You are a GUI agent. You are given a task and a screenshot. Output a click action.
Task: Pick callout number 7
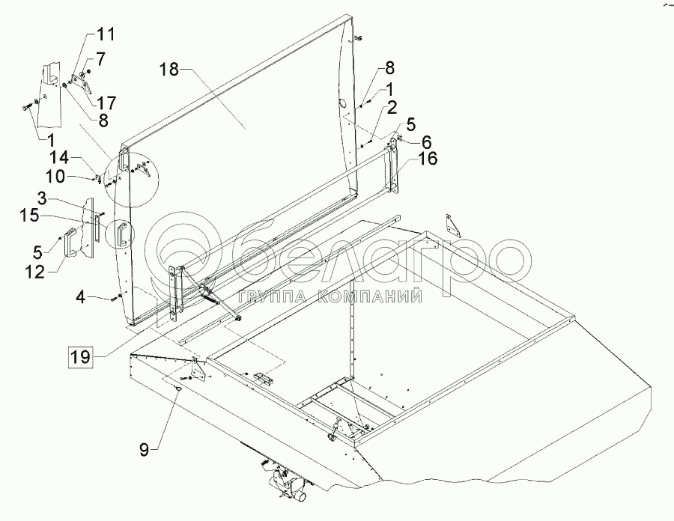click(x=100, y=58)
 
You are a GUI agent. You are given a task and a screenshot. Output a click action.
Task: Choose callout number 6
click(x=426, y=141)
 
